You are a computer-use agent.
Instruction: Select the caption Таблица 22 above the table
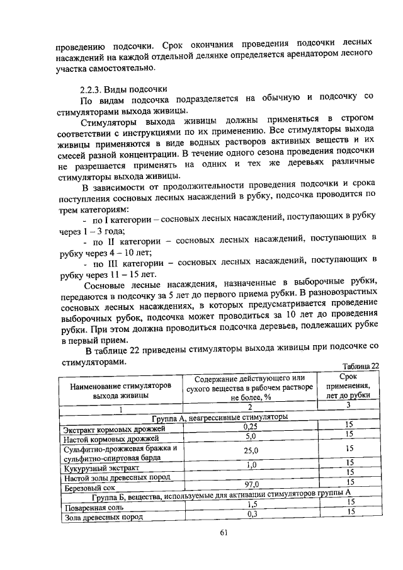click(x=360, y=367)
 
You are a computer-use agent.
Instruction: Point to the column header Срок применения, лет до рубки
click(x=348, y=385)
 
